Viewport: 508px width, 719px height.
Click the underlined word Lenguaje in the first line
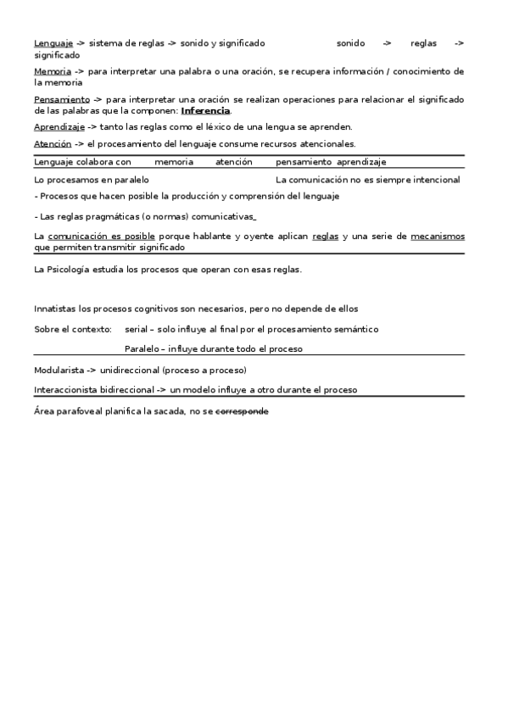pos(53,42)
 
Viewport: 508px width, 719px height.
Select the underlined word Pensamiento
pos(62,99)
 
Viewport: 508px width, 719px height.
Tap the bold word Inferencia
pos(205,110)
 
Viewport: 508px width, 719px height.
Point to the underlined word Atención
pos(53,144)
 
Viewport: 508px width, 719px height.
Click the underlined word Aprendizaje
pos(59,127)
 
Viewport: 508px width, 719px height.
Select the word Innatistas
pos(57,309)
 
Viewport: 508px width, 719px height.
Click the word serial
pos(136,329)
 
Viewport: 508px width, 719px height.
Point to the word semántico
pos(356,329)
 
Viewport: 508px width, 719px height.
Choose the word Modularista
pos(59,371)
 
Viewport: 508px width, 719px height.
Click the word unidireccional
pos(128,371)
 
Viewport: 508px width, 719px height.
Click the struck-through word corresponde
pos(242,411)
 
